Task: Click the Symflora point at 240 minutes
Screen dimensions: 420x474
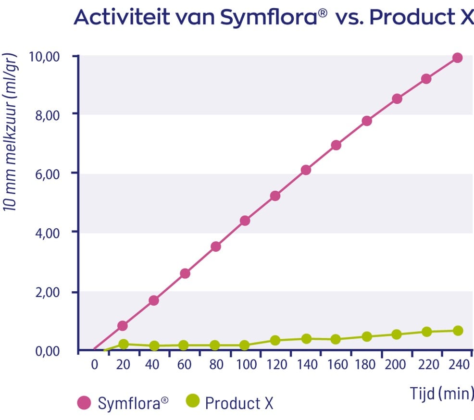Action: [457, 58]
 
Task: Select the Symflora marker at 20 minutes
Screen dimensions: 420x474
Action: [123, 326]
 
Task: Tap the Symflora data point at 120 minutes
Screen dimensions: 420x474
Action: [275, 196]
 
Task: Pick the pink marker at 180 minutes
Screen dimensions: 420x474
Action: [367, 121]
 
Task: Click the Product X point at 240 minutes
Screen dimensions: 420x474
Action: [457, 331]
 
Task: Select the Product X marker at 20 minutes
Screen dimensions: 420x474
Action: [124, 344]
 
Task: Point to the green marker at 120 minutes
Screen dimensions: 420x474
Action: [275, 340]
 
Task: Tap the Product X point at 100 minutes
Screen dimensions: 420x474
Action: [245, 345]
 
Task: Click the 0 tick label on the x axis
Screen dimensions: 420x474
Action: [94, 365]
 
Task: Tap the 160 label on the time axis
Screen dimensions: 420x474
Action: [336, 365]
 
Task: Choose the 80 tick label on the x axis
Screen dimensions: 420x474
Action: [217, 365]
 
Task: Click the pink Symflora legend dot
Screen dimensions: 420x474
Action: [85, 403]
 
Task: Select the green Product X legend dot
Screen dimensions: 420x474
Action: [192, 401]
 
